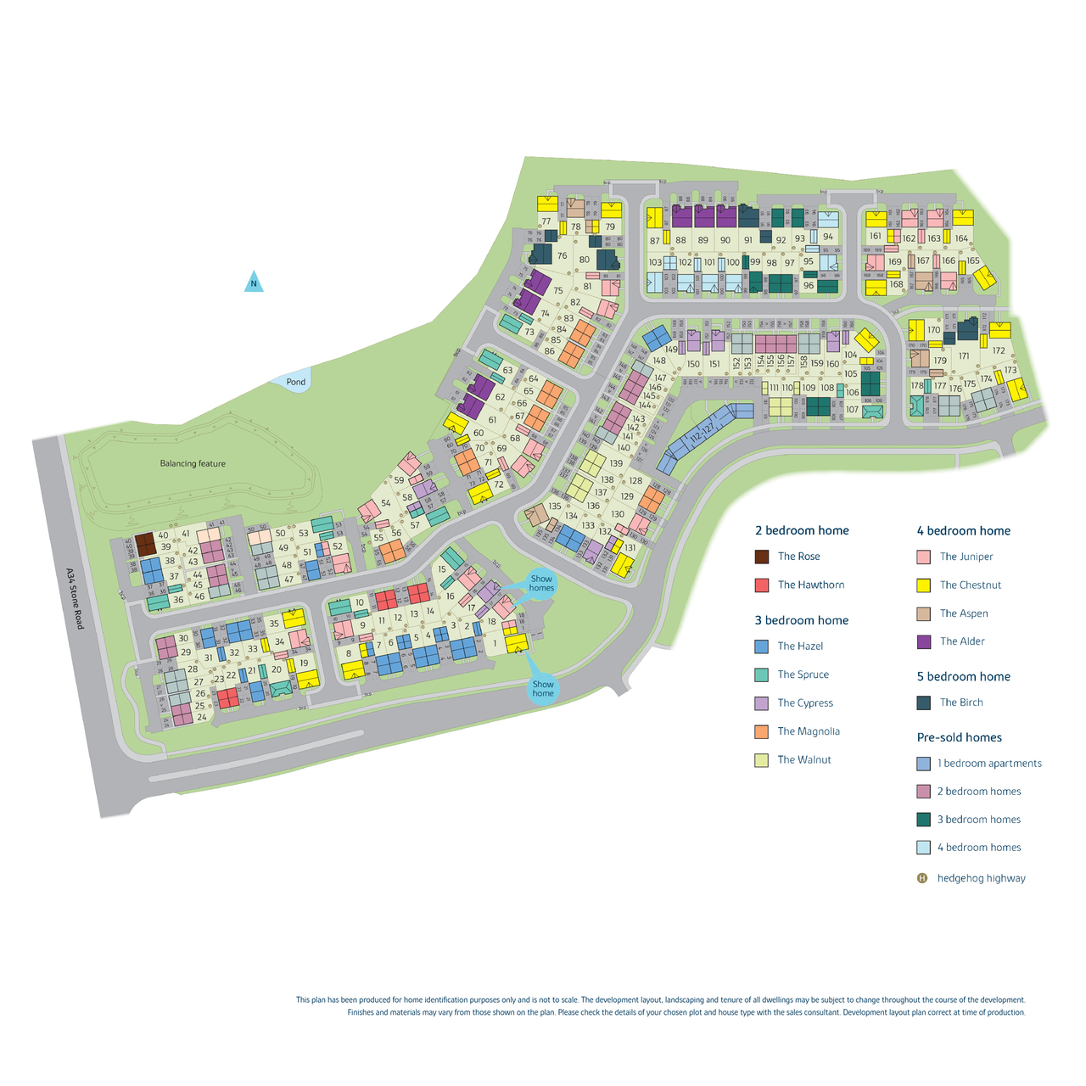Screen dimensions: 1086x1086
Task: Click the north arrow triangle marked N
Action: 253,282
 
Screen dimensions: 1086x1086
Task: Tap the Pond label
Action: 295,382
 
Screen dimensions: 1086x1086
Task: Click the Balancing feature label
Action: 193,464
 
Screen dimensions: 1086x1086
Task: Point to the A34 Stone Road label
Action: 75,598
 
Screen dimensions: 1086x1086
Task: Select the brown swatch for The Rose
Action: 761,557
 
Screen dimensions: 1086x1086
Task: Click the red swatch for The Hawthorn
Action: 761,585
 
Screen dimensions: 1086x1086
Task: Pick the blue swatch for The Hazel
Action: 761,647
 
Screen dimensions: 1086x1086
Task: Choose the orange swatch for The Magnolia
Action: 761,731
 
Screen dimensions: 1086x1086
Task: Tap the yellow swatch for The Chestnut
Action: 924,585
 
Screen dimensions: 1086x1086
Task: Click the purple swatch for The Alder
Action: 924,641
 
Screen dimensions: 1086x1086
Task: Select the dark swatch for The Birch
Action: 924,703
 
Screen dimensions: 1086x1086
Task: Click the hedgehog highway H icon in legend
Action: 923,878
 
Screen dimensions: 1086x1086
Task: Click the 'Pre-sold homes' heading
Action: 959,737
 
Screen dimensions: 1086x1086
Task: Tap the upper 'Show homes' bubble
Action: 541,584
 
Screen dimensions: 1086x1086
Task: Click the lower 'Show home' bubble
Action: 543,688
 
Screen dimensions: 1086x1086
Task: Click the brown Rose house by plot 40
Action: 145,543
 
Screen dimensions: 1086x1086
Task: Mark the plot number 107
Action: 852,410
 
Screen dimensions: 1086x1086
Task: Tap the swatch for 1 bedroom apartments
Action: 924,764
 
